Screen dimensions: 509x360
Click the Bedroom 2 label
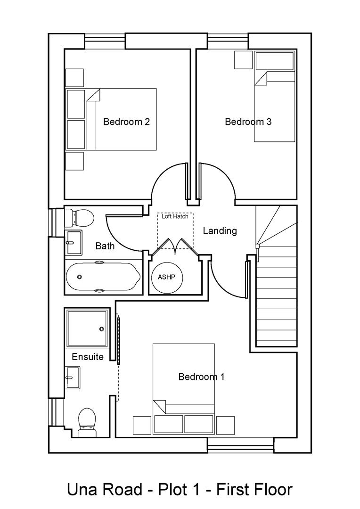(126, 122)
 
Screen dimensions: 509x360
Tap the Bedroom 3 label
(248, 122)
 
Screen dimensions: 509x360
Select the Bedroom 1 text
(201, 377)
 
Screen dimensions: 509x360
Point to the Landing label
(220, 231)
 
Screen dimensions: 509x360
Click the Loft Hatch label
(175, 217)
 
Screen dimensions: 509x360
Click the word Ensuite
(88, 357)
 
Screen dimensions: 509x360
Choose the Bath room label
(105, 246)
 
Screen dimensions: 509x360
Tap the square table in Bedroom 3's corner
(243, 60)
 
